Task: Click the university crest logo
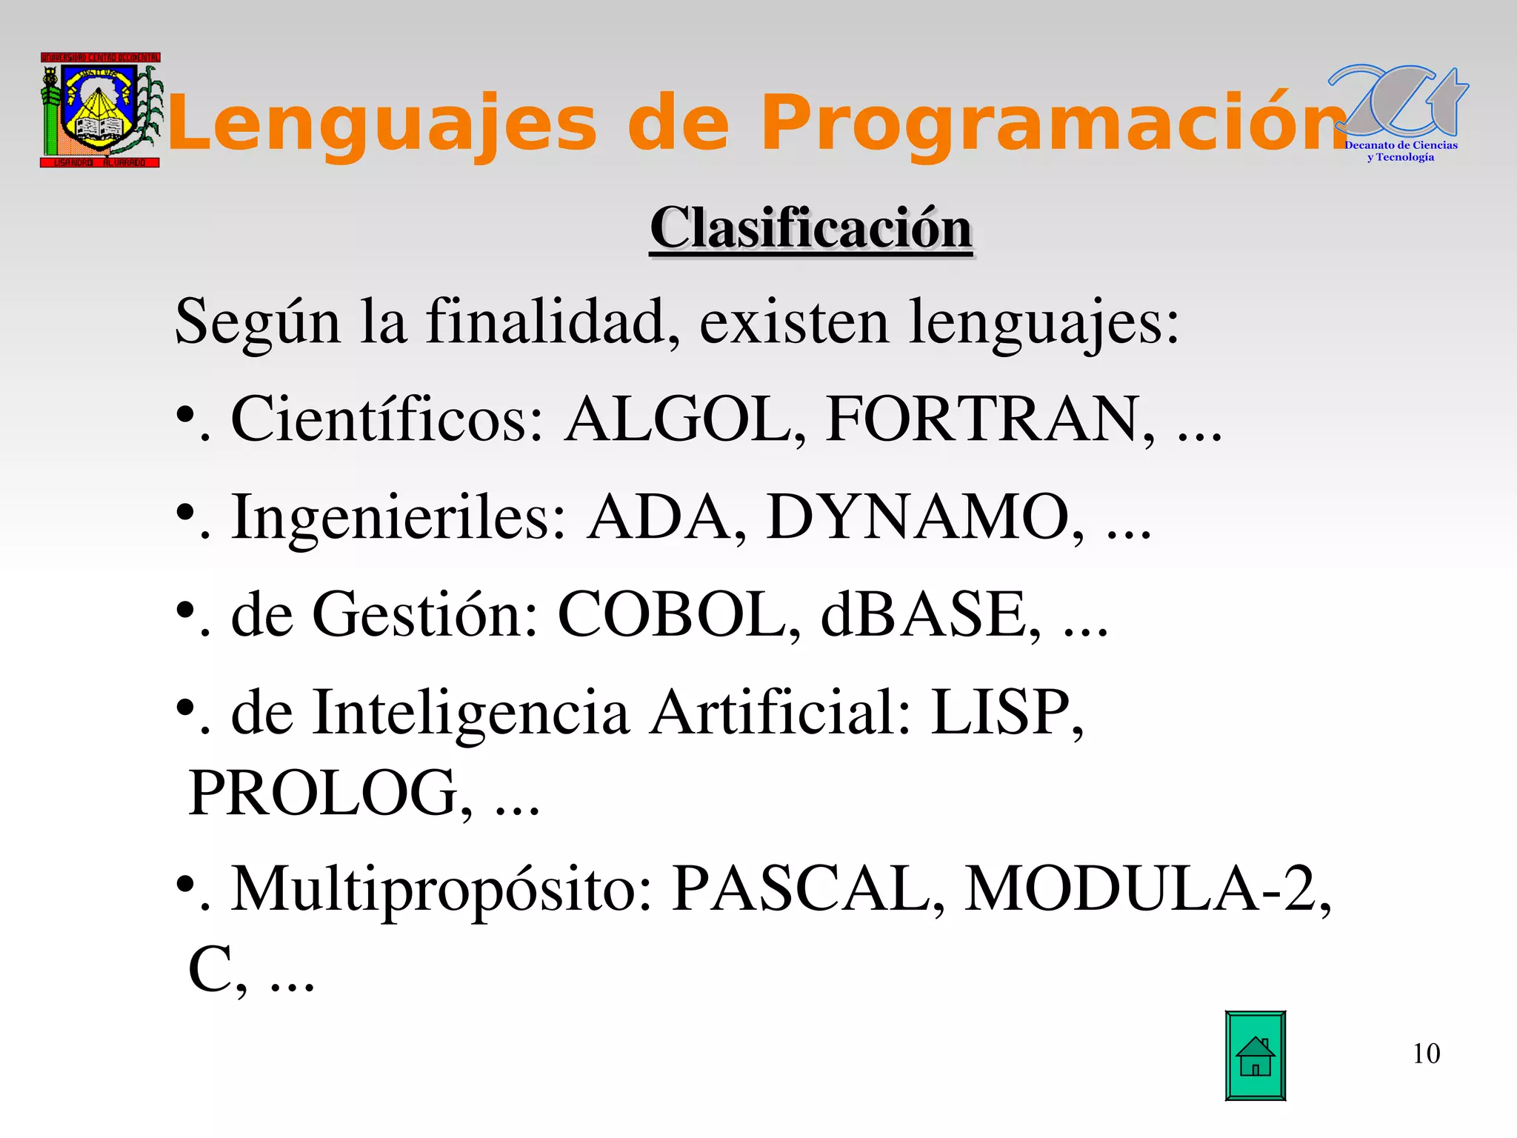(100, 110)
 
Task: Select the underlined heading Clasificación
(810, 228)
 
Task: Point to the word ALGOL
(677, 419)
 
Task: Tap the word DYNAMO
(918, 517)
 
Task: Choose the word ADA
(659, 517)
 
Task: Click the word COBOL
(670, 614)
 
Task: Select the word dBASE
(922, 614)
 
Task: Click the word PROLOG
(323, 793)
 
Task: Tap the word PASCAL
(800, 888)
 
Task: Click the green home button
(1255, 1056)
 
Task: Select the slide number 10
(1426, 1054)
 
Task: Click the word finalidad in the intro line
(545, 323)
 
